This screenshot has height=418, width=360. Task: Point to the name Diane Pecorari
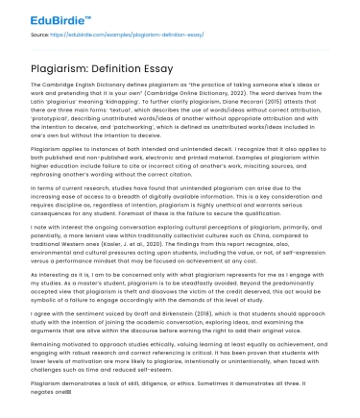click(222, 100)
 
